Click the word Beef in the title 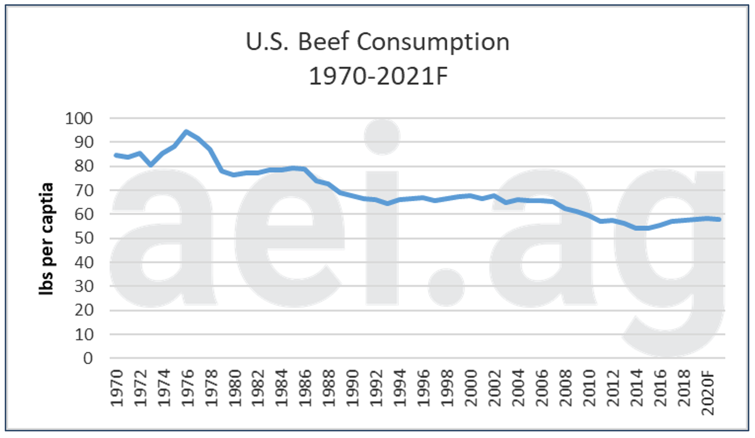pyautogui.click(x=323, y=42)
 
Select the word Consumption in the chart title pyautogui.click(x=433, y=42)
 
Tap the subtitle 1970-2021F pyautogui.click(x=378, y=76)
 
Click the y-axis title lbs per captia pyautogui.click(x=46, y=239)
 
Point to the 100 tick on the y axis pyautogui.click(x=79, y=118)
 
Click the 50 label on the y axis pyautogui.click(x=84, y=238)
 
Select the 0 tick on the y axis pyautogui.click(x=88, y=358)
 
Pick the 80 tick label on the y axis pyautogui.click(x=84, y=166)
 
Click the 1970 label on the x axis pyautogui.click(x=117, y=388)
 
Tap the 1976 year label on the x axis pyautogui.click(x=188, y=388)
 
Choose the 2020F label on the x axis pyautogui.click(x=708, y=392)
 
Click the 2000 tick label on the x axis pyautogui.click(x=472, y=388)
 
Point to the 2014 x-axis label pyautogui.click(x=637, y=388)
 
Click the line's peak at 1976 pyautogui.click(x=187, y=132)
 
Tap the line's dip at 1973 pyautogui.click(x=151, y=165)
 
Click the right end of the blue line pyautogui.click(x=719, y=219)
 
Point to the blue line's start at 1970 pyautogui.click(x=116, y=155)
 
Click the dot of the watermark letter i pyautogui.click(x=382, y=137)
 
